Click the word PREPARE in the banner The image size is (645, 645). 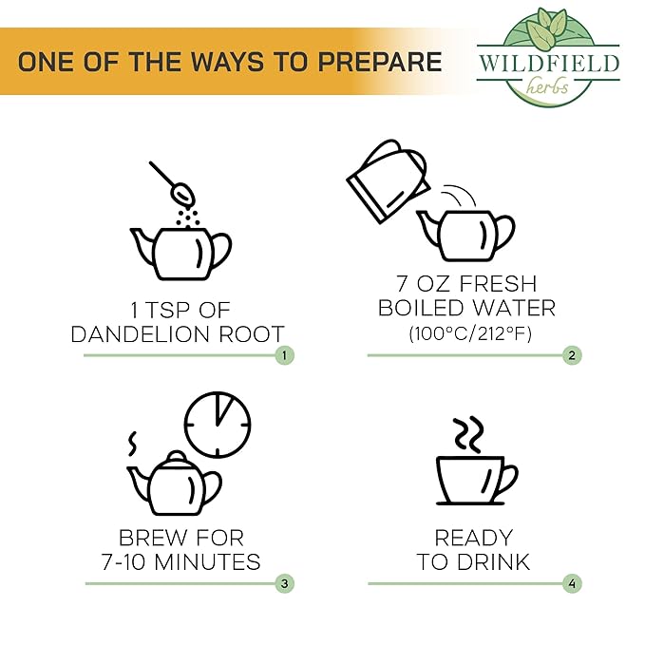pyautogui.click(x=379, y=62)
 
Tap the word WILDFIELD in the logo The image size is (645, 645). pyautogui.click(x=548, y=65)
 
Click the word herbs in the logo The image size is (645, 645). pyautogui.click(x=547, y=86)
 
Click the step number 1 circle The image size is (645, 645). pyautogui.click(x=284, y=355)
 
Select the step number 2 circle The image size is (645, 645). pyautogui.click(x=572, y=355)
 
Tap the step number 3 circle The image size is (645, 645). pyautogui.click(x=284, y=583)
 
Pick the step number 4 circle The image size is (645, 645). pyautogui.click(x=572, y=583)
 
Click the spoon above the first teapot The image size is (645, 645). pyautogui.click(x=172, y=183)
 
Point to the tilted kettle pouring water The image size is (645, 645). pyautogui.click(x=388, y=181)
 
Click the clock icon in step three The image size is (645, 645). pyautogui.click(x=218, y=425)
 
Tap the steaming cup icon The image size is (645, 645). pyautogui.click(x=476, y=480)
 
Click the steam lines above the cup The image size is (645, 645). pyautogui.click(x=468, y=435)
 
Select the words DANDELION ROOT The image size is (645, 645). pyautogui.click(x=178, y=334)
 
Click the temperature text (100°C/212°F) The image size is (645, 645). pyautogui.click(x=470, y=333)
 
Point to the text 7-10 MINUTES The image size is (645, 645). pyautogui.click(x=181, y=562)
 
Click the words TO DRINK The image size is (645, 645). pyautogui.click(x=473, y=562)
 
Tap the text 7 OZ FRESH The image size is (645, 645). pyautogui.click(x=466, y=283)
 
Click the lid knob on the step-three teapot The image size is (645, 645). pyautogui.click(x=177, y=456)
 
